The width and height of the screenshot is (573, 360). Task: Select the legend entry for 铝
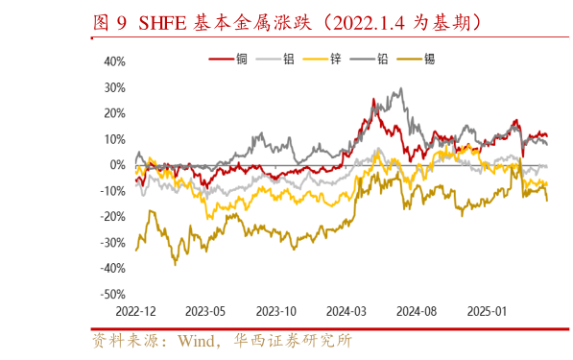(289, 59)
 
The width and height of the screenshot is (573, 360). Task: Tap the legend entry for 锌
(336, 59)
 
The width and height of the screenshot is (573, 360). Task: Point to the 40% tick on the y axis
(114, 61)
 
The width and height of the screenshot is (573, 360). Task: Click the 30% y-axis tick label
(114, 87)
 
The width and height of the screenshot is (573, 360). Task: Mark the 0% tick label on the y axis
(118, 165)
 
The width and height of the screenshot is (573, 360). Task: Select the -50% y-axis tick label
(112, 295)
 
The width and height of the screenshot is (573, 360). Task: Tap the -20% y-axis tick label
(112, 217)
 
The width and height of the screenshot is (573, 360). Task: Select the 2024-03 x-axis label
(346, 312)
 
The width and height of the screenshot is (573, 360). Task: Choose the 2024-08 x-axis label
(417, 312)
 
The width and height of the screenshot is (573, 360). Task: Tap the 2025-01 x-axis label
(487, 312)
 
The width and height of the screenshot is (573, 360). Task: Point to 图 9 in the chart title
(108, 20)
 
